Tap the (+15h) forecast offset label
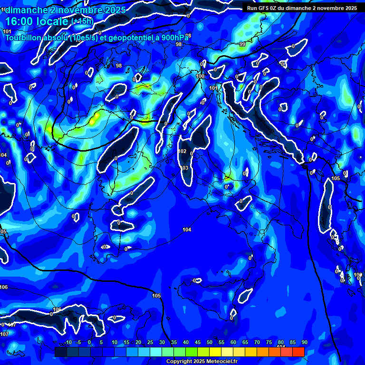pos(82,21)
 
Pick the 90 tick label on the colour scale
pos(304,343)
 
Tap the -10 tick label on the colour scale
pos(67,343)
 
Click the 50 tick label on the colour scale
pos(210,343)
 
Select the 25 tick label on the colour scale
pos(150,343)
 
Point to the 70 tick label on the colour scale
pos(257,343)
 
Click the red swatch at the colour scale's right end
pos(298,352)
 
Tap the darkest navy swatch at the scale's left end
pos(60,352)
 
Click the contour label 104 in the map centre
pos(187,230)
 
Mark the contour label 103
pos(184,168)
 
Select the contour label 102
pos(182,152)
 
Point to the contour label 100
pos(200,76)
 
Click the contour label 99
pos(242,44)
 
